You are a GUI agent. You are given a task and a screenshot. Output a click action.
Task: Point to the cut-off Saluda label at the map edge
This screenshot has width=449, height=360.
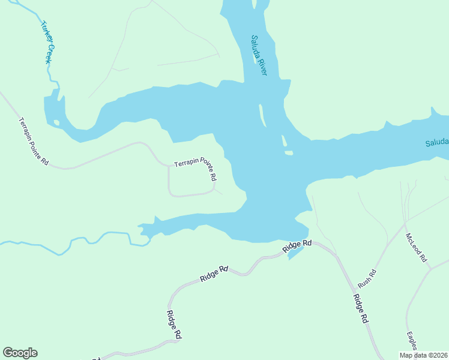click(436, 143)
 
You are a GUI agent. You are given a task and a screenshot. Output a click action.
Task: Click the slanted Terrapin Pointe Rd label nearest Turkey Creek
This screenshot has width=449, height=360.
click(33, 142)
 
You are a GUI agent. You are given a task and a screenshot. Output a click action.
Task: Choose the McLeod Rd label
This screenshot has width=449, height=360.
click(415, 247)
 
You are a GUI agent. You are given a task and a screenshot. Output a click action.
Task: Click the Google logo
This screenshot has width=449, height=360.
click(20, 353)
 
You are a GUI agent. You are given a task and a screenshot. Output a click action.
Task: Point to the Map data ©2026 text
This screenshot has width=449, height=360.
click(423, 355)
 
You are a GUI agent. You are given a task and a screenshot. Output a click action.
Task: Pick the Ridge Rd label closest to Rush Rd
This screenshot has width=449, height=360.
click(360, 309)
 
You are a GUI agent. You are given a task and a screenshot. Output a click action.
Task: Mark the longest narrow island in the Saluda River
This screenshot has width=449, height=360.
click(262, 115)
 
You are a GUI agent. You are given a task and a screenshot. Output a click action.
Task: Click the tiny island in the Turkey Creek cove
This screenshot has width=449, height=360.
click(56, 122)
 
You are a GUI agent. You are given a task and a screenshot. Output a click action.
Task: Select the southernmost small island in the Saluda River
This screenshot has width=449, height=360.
click(289, 153)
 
